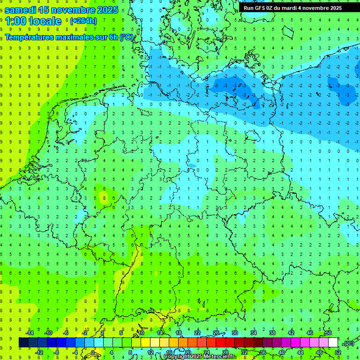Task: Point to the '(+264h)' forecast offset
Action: click(83, 21)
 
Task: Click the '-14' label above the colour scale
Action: click(29, 333)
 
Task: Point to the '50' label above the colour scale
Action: click(329, 333)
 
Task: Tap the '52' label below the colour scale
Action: click(338, 352)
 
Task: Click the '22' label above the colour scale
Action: click(197, 333)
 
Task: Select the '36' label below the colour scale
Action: click(263, 352)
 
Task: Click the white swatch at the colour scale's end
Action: click(333, 343)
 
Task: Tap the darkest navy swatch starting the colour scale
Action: click(24, 343)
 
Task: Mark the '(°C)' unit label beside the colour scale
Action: click(349, 343)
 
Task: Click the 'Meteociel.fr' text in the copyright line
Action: click(219, 357)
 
